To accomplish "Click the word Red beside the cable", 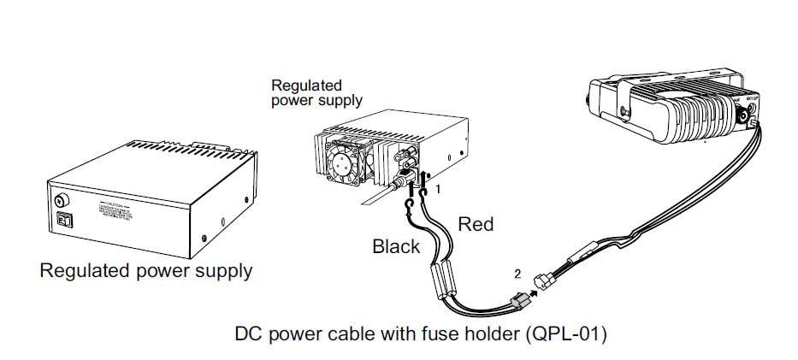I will point(476,224).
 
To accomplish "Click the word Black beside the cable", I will point(396,246).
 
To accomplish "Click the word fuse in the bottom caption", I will point(438,333).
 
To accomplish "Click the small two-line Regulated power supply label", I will point(316,92).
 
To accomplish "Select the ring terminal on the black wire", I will point(410,203).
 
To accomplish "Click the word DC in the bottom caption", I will point(247,333).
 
